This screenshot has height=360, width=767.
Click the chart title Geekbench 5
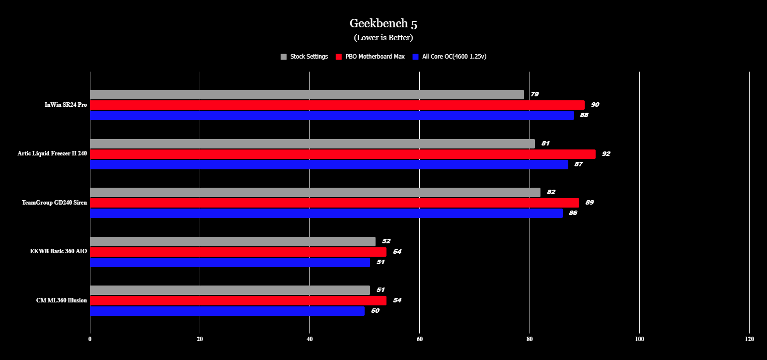coord(383,23)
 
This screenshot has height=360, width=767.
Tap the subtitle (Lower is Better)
coord(383,38)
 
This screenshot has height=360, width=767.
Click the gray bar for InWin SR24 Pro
coord(307,94)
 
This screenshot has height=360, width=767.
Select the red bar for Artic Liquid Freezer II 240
coord(342,154)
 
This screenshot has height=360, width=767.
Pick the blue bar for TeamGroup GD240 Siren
coord(326,213)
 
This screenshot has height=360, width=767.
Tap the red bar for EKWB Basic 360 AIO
coord(238,252)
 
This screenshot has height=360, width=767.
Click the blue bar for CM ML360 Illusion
coord(227,311)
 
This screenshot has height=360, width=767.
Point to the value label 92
coord(606,154)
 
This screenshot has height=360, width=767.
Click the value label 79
coord(535,94)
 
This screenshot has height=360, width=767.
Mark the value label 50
coord(375,311)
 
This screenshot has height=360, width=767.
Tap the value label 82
coord(551,192)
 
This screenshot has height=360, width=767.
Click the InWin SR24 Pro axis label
coord(66,105)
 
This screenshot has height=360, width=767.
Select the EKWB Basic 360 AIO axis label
coord(59,252)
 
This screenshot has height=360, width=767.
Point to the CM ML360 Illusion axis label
coord(62,300)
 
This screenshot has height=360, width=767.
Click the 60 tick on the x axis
coord(420,339)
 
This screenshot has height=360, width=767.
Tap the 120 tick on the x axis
coord(749,339)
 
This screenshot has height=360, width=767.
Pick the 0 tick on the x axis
coord(90,339)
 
